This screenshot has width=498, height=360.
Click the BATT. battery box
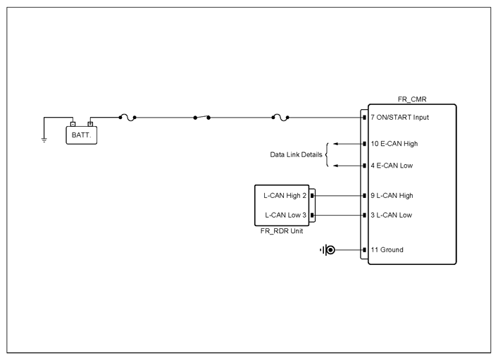point(81,135)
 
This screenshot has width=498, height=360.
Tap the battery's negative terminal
point(73,124)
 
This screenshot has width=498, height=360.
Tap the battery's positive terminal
point(90,124)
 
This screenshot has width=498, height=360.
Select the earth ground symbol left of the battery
point(44,139)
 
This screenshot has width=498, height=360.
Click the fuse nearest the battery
point(127,118)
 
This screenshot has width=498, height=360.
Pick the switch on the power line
point(201,117)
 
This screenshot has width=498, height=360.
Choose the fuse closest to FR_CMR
point(280,118)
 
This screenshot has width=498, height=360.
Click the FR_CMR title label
point(412,99)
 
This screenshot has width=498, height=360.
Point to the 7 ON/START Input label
point(400,118)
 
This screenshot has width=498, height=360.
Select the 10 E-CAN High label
point(394,144)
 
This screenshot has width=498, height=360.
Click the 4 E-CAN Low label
point(392,166)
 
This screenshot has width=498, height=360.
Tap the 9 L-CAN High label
point(392,196)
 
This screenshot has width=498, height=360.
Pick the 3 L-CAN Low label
point(392,215)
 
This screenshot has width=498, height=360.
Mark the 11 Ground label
point(387,249)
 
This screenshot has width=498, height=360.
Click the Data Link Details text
point(296,155)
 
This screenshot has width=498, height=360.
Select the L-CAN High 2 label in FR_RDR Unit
point(285,196)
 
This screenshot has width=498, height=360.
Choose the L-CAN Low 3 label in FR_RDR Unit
point(285,215)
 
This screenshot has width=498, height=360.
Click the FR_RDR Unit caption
point(281,231)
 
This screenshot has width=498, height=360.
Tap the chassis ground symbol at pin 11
point(328,250)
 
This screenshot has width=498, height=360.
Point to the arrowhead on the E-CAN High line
point(335,144)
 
